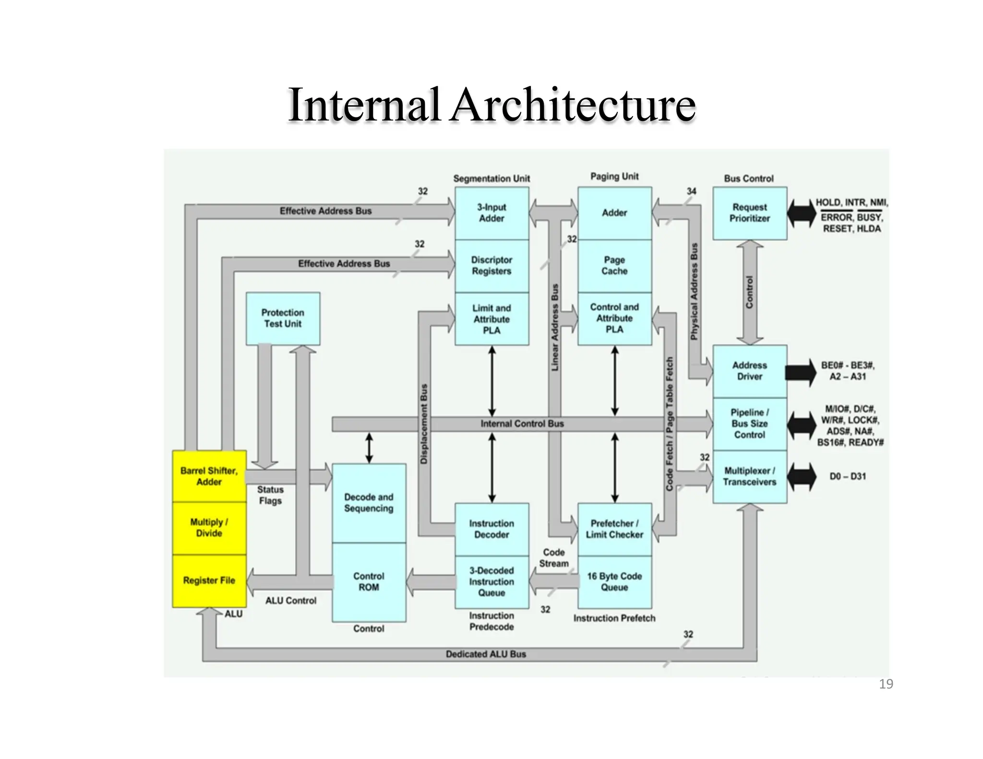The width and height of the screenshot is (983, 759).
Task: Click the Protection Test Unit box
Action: point(283,319)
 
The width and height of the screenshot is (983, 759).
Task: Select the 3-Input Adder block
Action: point(491,213)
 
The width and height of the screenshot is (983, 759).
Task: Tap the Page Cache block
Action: point(614,266)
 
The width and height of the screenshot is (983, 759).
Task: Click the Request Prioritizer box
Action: point(749,213)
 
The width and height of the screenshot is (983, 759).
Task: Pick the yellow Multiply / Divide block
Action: point(209,528)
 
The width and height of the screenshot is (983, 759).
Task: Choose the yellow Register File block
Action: point(209,581)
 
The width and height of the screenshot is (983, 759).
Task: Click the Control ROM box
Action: point(369,582)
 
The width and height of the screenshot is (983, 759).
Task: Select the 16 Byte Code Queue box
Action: point(614,582)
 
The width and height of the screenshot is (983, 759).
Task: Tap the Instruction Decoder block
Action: point(491,529)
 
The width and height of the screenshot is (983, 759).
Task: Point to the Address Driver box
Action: point(749,371)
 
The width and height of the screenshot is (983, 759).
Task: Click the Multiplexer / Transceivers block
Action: point(749,476)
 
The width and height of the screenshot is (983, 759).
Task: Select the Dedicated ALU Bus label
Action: point(486,654)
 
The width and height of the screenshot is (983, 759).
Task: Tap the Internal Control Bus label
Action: point(522,424)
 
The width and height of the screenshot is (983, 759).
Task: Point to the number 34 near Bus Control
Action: point(691,191)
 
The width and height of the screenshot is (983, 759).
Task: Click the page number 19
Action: point(886,684)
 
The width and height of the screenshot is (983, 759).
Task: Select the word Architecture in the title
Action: point(573,105)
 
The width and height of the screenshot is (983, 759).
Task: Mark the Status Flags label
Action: point(270,495)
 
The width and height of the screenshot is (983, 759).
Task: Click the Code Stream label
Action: point(553,558)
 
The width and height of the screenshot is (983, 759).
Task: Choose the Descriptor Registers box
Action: point(491,266)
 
